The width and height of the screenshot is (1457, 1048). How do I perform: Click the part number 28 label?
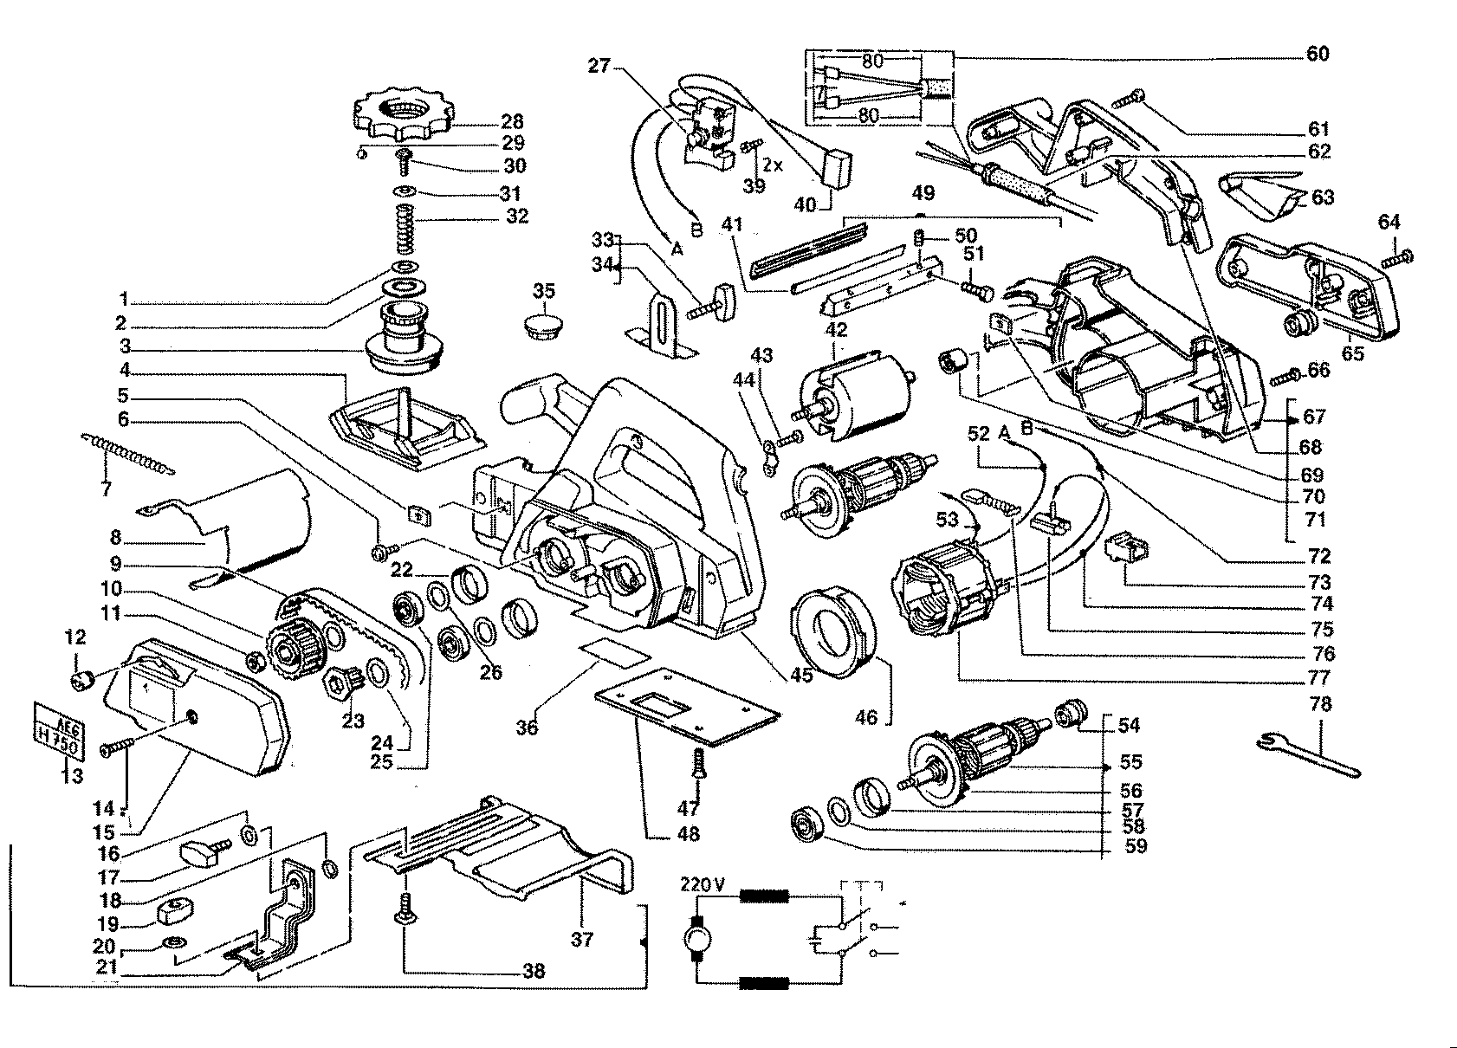(x=513, y=121)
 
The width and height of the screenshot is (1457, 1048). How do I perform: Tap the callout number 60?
(x=1318, y=54)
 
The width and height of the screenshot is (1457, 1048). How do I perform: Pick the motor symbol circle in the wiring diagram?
(x=697, y=939)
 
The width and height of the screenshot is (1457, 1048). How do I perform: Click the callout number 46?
(x=865, y=717)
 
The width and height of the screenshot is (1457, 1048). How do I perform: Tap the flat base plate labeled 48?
(x=688, y=707)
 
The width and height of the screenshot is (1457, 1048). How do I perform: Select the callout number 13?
(x=73, y=775)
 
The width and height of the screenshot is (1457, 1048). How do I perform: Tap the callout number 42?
(x=837, y=330)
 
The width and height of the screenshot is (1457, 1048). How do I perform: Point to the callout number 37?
(x=582, y=939)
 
